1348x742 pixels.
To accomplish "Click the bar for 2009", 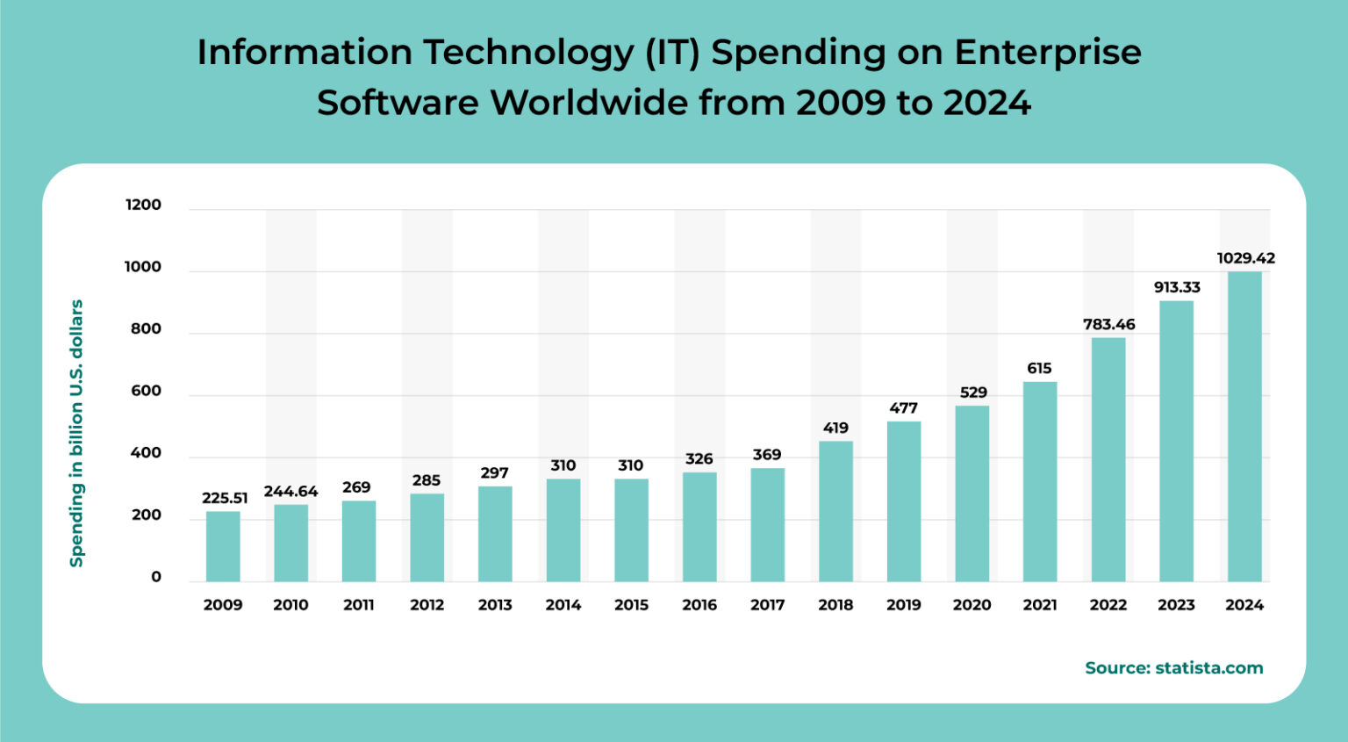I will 223,546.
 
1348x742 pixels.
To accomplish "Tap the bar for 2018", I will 835,511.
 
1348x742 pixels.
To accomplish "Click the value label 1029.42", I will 1245,258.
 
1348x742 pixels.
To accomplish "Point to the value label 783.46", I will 1108,324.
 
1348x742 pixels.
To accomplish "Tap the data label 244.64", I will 290,491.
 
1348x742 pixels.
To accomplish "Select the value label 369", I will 766,455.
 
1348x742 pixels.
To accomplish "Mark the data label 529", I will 972,393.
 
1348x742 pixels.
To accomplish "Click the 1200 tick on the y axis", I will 143,205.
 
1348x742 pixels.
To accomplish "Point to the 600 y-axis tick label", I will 146,391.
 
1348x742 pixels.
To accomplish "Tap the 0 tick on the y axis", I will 156,577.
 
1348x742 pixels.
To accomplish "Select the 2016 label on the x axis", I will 699,605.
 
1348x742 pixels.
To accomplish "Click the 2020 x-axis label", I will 972,605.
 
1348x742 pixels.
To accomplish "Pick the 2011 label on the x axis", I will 358,605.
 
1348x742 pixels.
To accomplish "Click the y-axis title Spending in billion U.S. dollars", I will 76,433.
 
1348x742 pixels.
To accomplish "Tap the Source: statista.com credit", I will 1173,667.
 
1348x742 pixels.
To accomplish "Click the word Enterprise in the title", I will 1047,53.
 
